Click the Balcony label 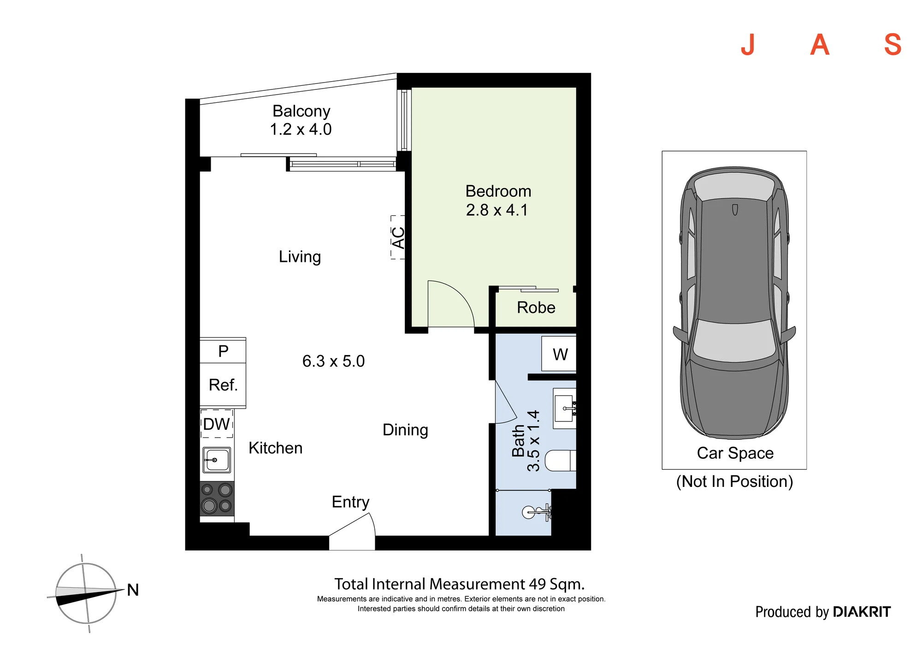pos(301,111)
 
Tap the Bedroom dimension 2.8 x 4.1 pos(497,210)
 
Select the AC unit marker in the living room pos(398,237)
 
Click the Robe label pos(536,308)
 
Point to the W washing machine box pos(559,354)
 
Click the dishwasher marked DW pos(217,424)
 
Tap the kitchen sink pos(217,460)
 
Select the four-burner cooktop pos(217,498)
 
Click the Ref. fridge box pos(223,385)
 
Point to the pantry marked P pos(223,351)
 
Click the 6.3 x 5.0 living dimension pos(333,361)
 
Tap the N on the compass pos(133,590)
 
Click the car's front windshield pos(734,340)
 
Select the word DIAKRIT pos(862,612)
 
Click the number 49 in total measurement pos(538,584)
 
